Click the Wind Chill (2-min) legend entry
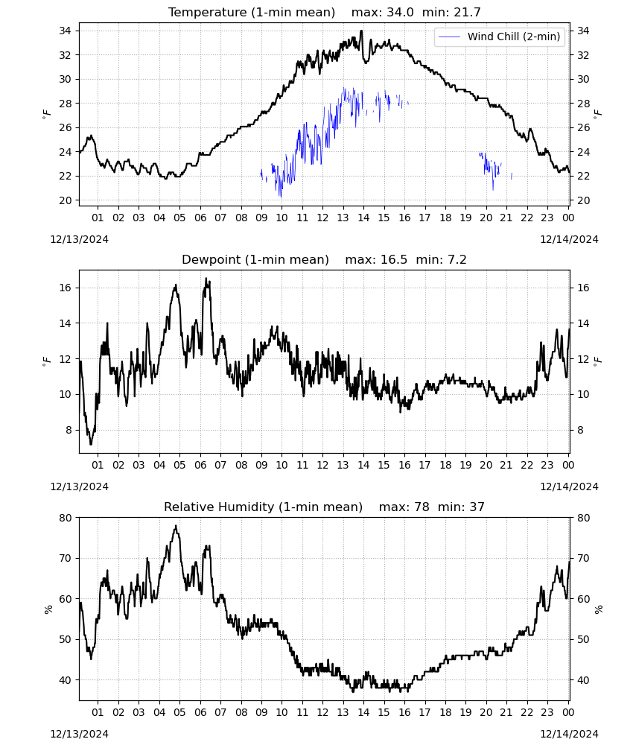500,37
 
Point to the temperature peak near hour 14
361,31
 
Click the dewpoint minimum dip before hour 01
91,443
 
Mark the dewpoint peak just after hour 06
206,279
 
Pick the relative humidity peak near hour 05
176,526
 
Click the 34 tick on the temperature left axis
65,31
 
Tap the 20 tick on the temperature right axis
583,200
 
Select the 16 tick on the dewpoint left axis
65,288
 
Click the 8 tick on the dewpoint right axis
580,430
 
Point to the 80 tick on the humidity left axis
65,518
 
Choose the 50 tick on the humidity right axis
583,639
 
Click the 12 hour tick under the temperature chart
322,218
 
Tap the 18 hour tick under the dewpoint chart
445,465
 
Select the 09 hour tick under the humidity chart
261,713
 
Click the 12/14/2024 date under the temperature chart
569,239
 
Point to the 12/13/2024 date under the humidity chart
79,734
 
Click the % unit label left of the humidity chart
48,609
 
